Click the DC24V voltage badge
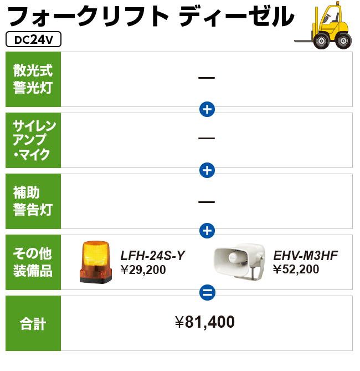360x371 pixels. (33, 39)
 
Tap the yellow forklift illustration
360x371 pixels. (323, 25)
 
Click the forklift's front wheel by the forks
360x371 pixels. (321, 41)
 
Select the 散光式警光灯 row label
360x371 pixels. (33, 79)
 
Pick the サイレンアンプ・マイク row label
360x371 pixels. (33, 140)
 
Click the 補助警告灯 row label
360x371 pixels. (33, 201)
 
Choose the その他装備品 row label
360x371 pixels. (33, 262)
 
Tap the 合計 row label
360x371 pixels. (33, 323)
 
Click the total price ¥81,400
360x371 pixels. (205, 322)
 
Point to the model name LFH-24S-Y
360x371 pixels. (153, 256)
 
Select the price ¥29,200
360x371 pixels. (143, 270)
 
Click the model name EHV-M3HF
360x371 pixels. (306, 256)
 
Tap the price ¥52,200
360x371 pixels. (296, 269)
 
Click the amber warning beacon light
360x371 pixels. (96, 262)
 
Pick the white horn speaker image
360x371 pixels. (239, 261)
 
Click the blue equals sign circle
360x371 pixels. (207, 292)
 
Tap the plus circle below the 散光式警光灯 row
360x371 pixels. (207, 109)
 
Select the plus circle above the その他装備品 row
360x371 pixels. (207, 231)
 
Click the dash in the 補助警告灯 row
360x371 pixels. (207, 202)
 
